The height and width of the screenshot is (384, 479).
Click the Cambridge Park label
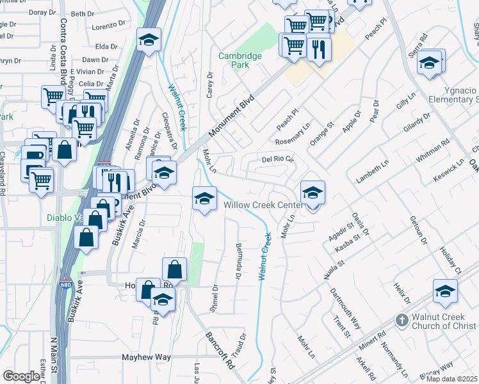click(240, 60)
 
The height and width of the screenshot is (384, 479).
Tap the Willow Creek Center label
click(263, 205)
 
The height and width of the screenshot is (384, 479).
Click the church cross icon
click(401, 320)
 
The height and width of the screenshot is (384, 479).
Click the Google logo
click(21, 376)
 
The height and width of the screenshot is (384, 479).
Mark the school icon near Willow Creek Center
click(313, 193)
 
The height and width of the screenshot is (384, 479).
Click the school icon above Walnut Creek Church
click(445, 291)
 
